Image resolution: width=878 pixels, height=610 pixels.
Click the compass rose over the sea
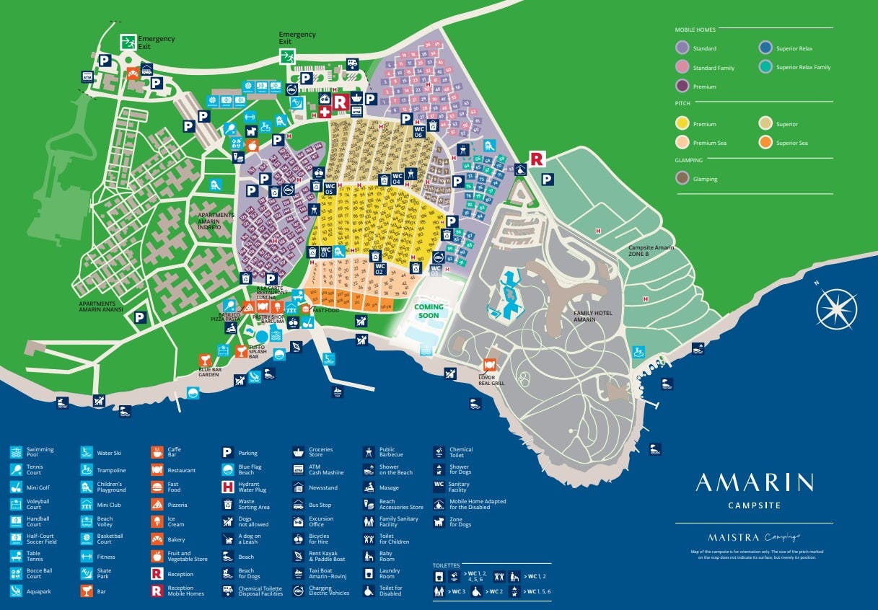point(836,309)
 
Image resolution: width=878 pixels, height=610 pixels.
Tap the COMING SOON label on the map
point(429,311)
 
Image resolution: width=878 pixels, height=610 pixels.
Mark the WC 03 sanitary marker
point(435,270)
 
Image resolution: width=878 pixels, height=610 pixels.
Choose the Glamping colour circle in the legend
point(682,178)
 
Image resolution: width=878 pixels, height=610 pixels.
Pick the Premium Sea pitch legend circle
point(682,143)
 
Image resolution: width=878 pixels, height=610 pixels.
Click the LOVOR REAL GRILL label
point(491,380)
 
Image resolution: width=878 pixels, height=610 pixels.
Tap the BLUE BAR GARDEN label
point(209,373)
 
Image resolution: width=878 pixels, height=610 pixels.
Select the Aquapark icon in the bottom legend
point(16,591)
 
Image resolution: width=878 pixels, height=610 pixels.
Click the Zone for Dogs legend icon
point(439,522)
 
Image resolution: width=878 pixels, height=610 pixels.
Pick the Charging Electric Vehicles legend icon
point(298,591)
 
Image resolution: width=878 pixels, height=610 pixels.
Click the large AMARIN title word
point(754,482)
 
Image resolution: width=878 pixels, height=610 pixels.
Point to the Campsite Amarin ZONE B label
point(651,251)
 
